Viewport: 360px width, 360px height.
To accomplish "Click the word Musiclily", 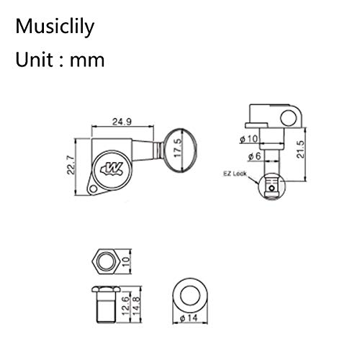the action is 55,27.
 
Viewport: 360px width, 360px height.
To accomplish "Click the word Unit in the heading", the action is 35,60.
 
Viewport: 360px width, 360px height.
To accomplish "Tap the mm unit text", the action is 87,61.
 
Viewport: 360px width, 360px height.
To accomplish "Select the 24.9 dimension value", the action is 122,122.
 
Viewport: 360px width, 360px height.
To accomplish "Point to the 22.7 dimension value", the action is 71,165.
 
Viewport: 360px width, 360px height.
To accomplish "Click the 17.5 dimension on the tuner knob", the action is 179,148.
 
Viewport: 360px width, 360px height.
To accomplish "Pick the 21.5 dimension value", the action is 300,149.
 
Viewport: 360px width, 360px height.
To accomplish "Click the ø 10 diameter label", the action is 249,139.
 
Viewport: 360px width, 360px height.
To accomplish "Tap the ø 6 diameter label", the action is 255,156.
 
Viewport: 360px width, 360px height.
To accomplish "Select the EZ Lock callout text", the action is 235,174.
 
